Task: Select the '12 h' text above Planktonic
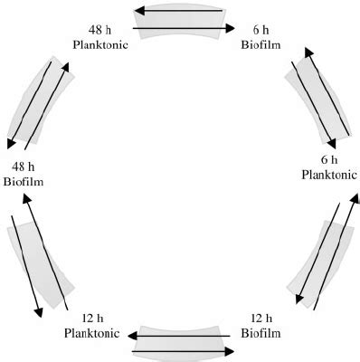click(x=91, y=319)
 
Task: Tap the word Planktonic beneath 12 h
click(x=91, y=333)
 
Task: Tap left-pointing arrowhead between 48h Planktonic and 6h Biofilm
click(x=138, y=13)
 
